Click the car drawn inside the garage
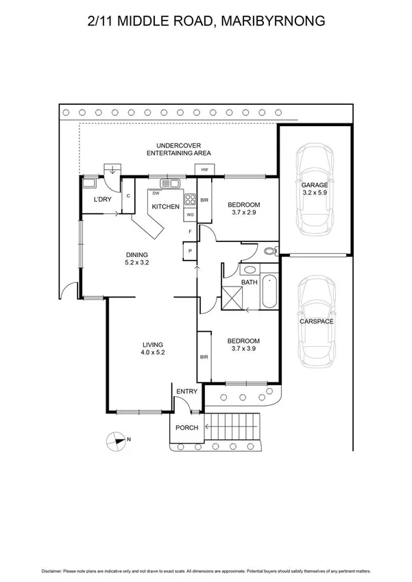coord(315,191)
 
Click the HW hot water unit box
coord(204,169)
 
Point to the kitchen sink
coord(169,183)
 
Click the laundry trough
coord(90,183)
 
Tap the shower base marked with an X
coord(232,298)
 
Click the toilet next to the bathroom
coord(269,250)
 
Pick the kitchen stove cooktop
coord(190,200)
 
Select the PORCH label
coord(186,428)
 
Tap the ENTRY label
coord(186,391)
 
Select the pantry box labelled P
coord(189,252)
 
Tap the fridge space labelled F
coord(189,232)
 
